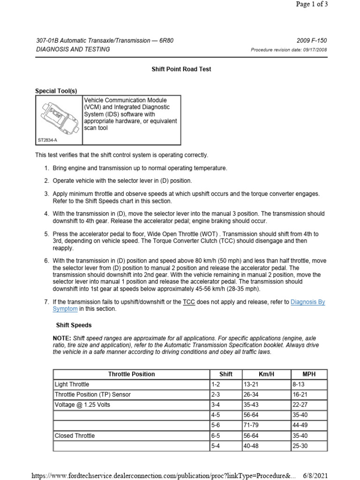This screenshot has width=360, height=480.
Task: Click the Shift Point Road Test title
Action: click(181, 69)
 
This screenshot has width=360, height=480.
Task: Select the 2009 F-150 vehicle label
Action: click(312, 41)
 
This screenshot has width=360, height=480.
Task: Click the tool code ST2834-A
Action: click(47, 140)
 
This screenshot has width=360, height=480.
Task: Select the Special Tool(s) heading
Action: click(56, 91)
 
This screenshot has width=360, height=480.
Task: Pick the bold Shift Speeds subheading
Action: click(74, 325)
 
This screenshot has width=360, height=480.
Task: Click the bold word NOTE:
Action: click(62, 338)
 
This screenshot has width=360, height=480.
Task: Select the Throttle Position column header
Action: click(131, 374)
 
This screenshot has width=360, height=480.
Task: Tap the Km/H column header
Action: click(265, 374)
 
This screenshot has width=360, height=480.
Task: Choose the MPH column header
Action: click(309, 374)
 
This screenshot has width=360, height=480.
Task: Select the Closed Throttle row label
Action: click(75, 436)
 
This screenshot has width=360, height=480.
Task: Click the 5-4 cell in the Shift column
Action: click(216, 446)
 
